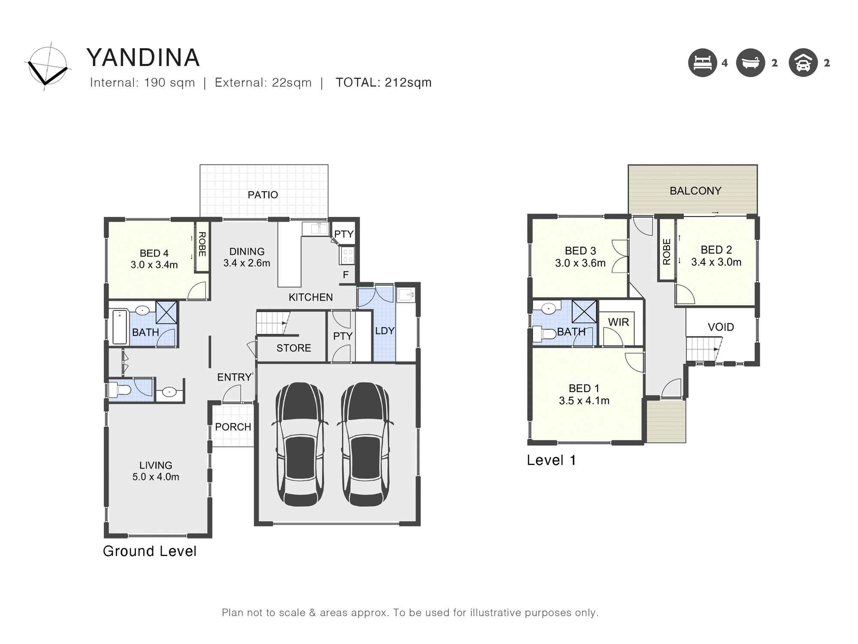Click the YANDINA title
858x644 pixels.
[x=143, y=58]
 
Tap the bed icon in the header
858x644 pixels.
[x=702, y=63]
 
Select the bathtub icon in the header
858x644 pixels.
[x=750, y=63]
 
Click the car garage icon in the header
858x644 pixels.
[x=803, y=63]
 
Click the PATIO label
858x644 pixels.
[x=263, y=195]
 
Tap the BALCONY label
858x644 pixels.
[x=695, y=191]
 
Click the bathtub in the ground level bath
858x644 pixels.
[x=120, y=327]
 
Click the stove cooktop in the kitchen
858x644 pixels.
[x=347, y=255]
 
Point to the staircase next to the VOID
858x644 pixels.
[x=703, y=349]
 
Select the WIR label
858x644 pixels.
[x=618, y=322]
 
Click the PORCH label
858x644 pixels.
[x=233, y=427]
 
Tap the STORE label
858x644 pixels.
[x=293, y=348]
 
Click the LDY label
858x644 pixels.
[x=384, y=331]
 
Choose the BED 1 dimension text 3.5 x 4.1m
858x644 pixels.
[x=583, y=401]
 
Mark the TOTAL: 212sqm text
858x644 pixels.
[x=383, y=82]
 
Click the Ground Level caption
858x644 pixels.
[x=149, y=551]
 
